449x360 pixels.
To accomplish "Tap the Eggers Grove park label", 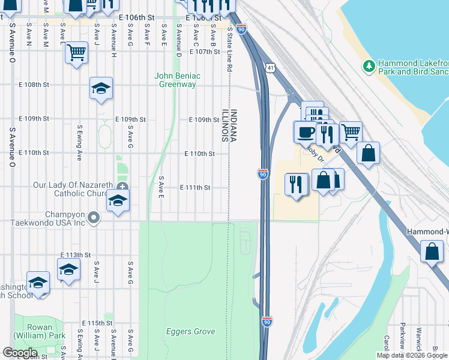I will pos(191,332).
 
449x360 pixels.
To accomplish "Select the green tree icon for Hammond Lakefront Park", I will pos(368,65).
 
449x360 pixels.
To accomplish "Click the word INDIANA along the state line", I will pos(234,125).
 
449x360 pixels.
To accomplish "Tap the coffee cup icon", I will pos(305,131).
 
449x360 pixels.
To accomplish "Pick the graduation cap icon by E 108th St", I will pos(101,88).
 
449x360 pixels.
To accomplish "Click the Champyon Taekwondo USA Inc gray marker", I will pos(93,217).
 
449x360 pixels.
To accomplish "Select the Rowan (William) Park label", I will pos(35,331).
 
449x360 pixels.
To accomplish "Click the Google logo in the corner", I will pos(20,353).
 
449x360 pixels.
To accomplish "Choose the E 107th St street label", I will pos(205,52).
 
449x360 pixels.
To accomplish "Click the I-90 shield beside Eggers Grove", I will pos(267,322).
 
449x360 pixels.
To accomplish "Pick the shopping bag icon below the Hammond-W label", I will pos(432,251).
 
